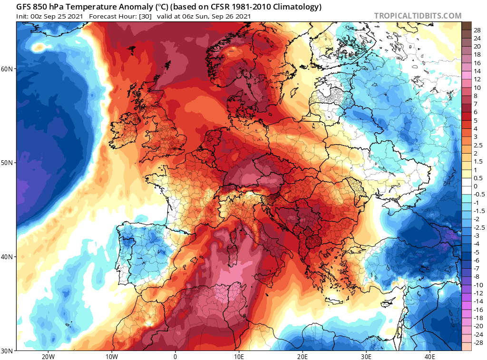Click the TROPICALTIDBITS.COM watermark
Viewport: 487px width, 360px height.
pyautogui.click(x=418, y=16)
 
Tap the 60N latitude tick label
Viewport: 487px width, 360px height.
pyautogui.click(x=8, y=69)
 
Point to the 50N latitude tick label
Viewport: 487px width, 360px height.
pyautogui.click(x=8, y=163)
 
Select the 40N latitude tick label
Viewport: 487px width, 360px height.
pyautogui.click(x=8, y=257)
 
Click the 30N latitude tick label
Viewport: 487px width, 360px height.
pyautogui.click(x=8, y=350)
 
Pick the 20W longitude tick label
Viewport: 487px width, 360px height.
pyautogui.click(x=48, y=357)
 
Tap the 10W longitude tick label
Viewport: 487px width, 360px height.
pyautogui.click(x=112, y=357)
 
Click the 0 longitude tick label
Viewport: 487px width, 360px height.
pyautogui.click(x=175, y=357)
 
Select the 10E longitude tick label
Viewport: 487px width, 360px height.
pyautogui.click(x=239, y=357)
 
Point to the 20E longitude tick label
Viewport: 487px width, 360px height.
pyautogui.click(x=302, y=357)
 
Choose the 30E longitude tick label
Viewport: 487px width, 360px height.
pyautogui.click(x=366, y=357)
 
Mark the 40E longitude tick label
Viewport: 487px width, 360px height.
pyautogui.click(x=429, y=357)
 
